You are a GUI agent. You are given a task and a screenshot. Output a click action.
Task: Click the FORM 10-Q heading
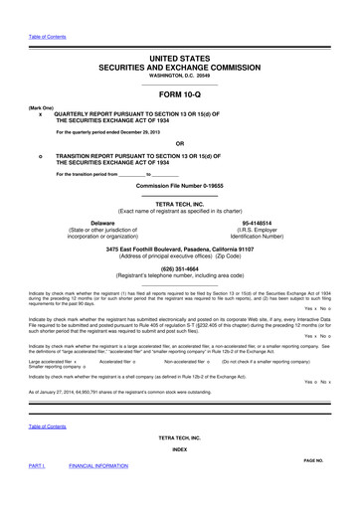pos(179,92)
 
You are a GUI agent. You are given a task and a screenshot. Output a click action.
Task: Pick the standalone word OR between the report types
pos(179,143)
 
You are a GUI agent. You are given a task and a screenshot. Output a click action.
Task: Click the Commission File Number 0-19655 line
pos(179,187)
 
